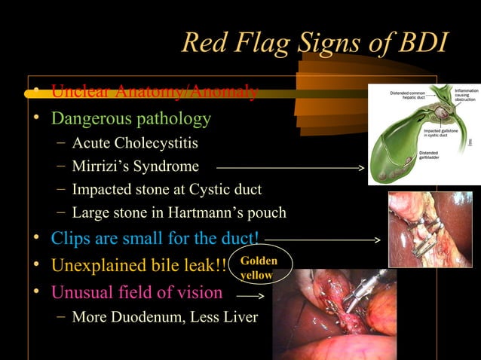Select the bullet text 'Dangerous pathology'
click(130, 119)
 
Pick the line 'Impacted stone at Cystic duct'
click(167, 190)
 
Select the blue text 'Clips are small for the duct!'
click(155, 239)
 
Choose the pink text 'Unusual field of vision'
click(136, 292)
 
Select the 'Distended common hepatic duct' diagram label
click(411, 95)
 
